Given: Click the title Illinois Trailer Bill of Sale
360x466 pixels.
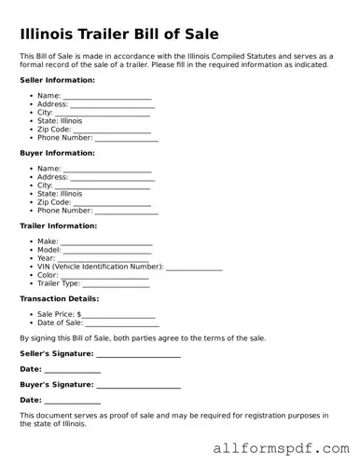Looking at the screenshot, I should (x=119, y=34).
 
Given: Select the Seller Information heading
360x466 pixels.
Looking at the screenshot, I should (x=57, y=80).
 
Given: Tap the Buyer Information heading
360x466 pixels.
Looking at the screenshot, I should (x=57, y=153).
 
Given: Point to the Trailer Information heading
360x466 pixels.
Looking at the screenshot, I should (x=58, y=226).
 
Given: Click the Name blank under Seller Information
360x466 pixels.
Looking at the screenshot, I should (x=107, y=96).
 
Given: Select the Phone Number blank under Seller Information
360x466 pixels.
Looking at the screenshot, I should (x=127, y=138).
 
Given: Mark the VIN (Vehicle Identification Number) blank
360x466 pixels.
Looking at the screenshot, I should (x=194, y=267).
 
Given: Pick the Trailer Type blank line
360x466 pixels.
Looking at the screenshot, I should (x=116, y=284).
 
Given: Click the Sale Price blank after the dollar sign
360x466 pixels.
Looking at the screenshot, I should (x=119, y=315).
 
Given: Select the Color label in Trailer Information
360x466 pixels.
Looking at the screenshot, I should (x=48, y=276).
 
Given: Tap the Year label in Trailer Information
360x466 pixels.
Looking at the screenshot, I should (x=47, y=259).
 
